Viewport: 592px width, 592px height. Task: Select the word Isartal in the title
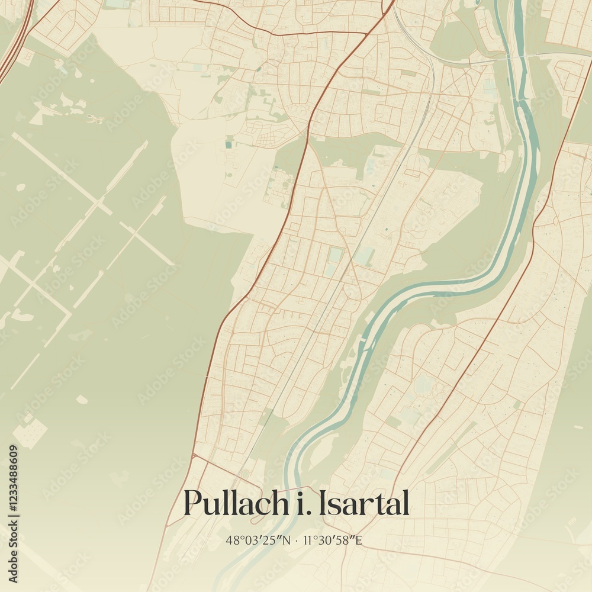tap(363, 504)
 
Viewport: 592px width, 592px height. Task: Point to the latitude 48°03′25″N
tap(258, 540)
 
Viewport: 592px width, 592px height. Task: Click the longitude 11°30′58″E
tap(332, 540)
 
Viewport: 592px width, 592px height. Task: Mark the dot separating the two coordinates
tap(296, 540)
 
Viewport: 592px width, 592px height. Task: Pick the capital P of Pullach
tap(193, 503)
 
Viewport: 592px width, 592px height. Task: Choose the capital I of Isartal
tap(323, 503)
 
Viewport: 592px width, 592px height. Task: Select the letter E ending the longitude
tap(358, 540)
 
